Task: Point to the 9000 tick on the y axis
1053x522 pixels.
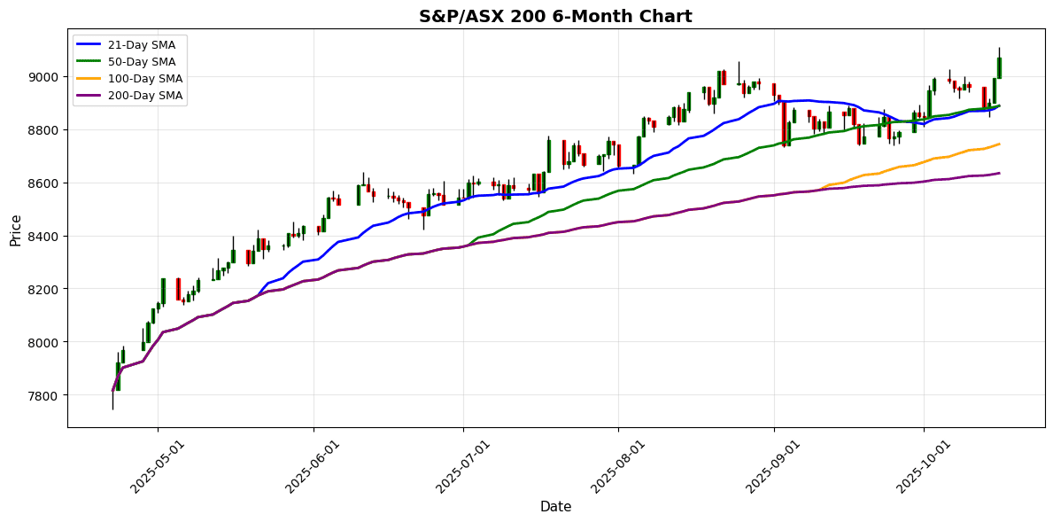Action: click(x=44, y=77)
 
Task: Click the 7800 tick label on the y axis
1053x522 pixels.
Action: click(x=44, y=395)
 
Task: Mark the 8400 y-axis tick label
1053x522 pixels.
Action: click(x=44, y=237)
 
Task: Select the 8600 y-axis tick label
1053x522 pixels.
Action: click(x=44, y=183)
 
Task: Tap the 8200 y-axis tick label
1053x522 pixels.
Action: click(x=44, y=290)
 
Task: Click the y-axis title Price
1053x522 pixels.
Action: click(x=16, y=229)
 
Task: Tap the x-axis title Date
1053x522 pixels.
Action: click(x=555, y=507)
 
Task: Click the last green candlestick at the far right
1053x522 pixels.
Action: click(x=999, y=68)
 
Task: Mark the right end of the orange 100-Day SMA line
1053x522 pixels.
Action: click(x=999, y=144)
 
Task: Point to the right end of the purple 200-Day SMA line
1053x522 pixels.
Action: click(x=999, y=173)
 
